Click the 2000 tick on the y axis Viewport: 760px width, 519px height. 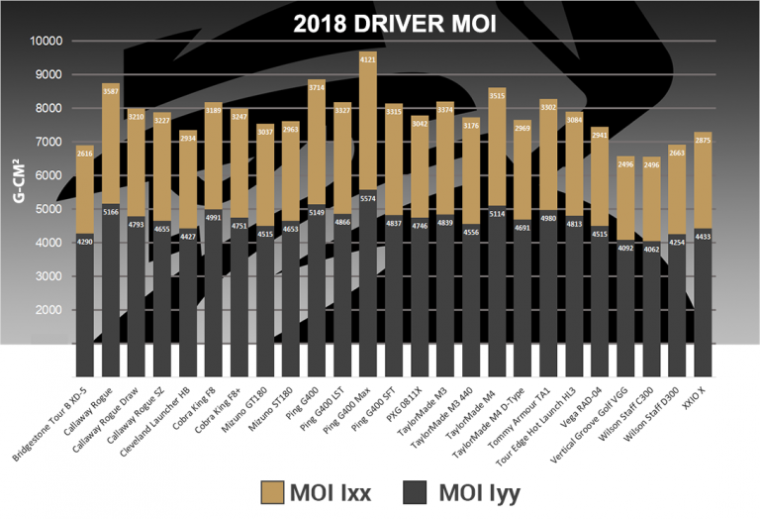coord(45,310)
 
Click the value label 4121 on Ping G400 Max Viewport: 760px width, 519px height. coord(368,59)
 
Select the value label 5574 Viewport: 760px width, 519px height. coord(368,198)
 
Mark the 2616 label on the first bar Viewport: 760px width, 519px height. coord(85,155)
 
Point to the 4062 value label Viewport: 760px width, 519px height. coord(651,249)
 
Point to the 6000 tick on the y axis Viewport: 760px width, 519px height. coord(45,175)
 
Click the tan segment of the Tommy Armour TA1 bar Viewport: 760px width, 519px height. coord(548,149)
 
